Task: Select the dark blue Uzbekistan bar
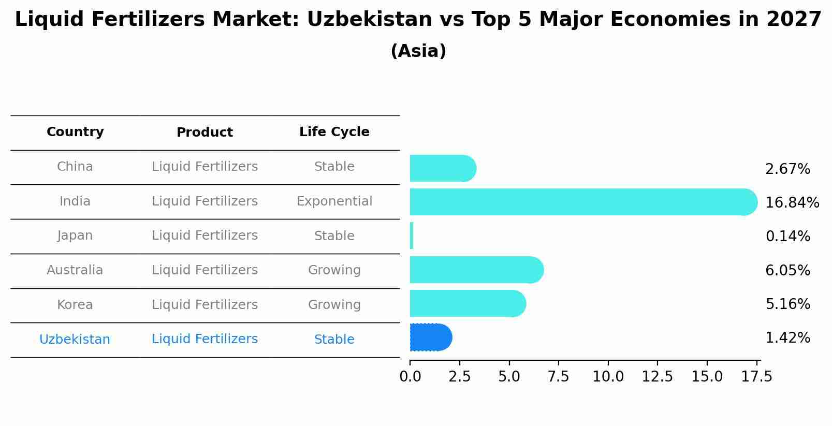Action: pyautogui.click(x=430, y=337)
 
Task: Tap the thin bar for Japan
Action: pyautogui.click(x=412, y=236)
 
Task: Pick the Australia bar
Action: pyautogui.click(x=474, y=270)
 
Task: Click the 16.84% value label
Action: pyautogui.click(x=792, y=202)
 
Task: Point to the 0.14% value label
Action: pyautogui.click(x=787, y=237)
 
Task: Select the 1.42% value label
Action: pyautogui.click(x=787, y=338)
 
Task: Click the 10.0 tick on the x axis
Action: pyautogui.click(x=608, y=377)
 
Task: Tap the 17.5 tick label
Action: pyautogui.click(x=756, y=377)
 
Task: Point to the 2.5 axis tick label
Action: pyautogui.click(x=459, y=377)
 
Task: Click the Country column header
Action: pyautogui.click(x=75, y=132)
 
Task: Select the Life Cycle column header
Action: pyautogui.click(x=334, y=132)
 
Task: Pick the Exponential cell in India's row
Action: pyautogui.click(x=334, y=201)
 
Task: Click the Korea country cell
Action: pyautogui.click(x=75, y=305)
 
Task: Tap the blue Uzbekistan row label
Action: pyautogui.click(x=75, y=340)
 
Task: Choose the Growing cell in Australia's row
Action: pyautogui.click(x=334, y=270)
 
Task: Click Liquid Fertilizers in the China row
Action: pyautogui.click(x=205, y=167)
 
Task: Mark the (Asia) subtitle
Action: pyautogui.click(x=418, y=51)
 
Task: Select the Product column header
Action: pyautogui.click(x=205, y=133)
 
